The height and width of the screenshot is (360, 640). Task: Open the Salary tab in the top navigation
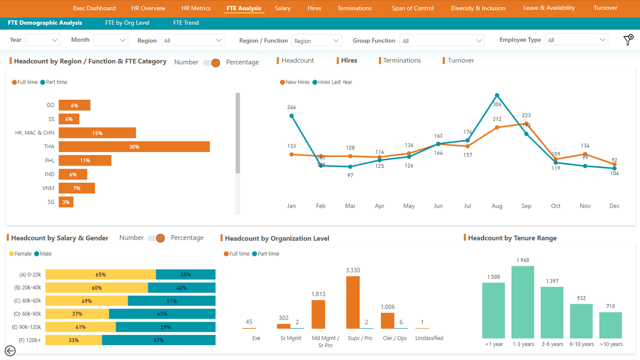coord(282,8)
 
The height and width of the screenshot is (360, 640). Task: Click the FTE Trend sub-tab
coord(186,23)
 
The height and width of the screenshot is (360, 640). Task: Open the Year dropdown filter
coord(43,41)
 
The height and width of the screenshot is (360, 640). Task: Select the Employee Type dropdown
coord(576,41)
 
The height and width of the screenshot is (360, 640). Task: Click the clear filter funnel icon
coord(628,40)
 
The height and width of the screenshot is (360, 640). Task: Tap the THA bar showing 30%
coord(134,147)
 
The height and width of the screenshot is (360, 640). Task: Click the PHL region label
coord(50,160)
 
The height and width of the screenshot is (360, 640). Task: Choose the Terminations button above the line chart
coord(401,60)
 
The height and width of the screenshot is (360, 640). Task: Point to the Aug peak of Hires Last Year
coord(497,95)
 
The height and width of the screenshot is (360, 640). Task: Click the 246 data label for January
coord(291,107)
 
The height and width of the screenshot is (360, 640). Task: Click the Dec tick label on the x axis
coord(614,206)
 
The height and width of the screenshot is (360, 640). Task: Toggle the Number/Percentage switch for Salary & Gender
coord(157,238)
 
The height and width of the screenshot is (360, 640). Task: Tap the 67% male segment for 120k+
coord(158,340)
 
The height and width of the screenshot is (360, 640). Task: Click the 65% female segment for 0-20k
coord(101,275)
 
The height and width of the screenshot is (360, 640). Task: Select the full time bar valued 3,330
coord(353,302)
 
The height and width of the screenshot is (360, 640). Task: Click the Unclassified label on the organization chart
coord(429,338)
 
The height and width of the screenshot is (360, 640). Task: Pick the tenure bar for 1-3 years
coord(523,302)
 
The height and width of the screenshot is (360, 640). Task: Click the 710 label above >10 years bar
coord(610,307)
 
